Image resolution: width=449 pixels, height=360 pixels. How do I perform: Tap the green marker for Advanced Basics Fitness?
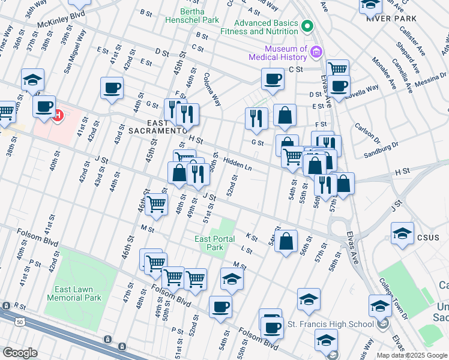tap(308, 26)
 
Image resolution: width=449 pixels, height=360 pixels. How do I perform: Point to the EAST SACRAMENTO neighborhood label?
tap(155, 130)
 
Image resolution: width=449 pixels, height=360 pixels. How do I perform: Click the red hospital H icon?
tap(58, 115)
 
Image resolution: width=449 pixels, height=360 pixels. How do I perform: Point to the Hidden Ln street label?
tap(237, 164)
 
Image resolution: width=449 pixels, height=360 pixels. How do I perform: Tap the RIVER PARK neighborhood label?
tap(391, 19)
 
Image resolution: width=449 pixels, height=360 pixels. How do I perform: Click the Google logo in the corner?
tap(19, 353)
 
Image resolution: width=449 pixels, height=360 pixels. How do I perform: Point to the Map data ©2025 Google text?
tap(411, 355)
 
